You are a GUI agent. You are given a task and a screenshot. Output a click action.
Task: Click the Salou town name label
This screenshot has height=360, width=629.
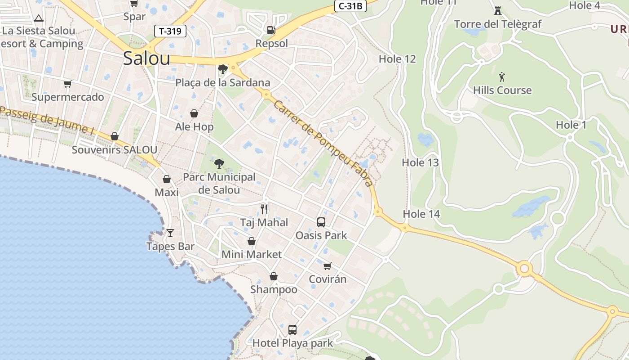click(146, 58)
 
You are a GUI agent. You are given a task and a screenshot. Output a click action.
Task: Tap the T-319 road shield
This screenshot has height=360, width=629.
click(170, 31)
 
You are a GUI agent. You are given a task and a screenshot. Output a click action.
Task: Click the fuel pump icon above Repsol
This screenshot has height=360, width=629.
click(271, 30)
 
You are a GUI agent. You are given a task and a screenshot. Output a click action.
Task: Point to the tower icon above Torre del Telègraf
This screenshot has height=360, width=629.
click(498, 10)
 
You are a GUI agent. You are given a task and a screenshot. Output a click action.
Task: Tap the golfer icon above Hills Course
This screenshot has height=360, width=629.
click(502, 76)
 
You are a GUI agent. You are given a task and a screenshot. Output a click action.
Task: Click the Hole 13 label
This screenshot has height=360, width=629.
click(420, 162)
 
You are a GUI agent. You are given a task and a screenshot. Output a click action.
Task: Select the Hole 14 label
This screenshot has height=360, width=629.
click(421, 214)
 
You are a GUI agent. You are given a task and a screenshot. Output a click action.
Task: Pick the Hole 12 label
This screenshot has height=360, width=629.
click(397, 59)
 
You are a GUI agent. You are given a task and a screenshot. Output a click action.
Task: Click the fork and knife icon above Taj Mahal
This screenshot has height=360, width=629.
click(264, 209)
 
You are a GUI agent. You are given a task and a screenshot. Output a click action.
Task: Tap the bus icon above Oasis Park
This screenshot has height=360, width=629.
click(321, 222)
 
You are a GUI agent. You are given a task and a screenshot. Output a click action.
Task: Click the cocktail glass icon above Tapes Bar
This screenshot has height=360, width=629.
click(170, 233)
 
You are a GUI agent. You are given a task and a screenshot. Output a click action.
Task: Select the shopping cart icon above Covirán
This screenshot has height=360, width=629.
click(328, 266)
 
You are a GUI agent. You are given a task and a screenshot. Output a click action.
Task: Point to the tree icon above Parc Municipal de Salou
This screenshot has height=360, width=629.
click(220, 163)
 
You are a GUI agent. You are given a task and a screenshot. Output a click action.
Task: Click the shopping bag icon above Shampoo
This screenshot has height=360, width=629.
click(273, 276)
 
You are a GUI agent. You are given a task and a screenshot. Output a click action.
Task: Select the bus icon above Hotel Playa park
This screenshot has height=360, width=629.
click(292, 330)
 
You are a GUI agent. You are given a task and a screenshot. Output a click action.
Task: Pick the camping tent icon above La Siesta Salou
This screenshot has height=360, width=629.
click(39, 18)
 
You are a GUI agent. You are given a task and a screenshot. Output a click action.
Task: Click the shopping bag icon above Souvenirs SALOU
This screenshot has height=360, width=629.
click(115, 136)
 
